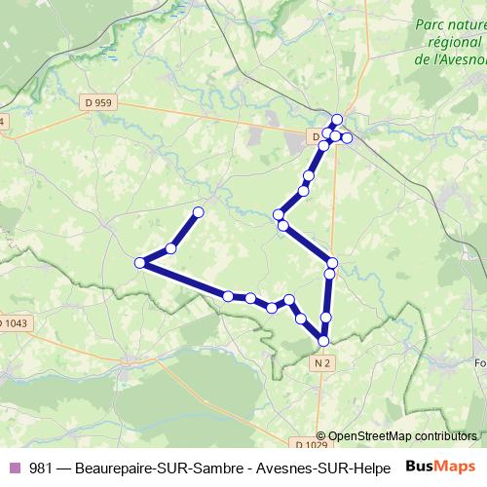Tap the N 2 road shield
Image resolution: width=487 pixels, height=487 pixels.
(x=322, y=362)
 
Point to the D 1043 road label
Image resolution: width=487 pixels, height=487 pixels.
(x=15, y=322)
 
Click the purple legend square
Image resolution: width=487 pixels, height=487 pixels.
(x=16, y=468)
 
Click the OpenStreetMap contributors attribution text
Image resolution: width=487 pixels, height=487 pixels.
(x=402, y=436)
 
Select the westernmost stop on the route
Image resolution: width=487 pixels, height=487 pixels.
(x=140, y=262)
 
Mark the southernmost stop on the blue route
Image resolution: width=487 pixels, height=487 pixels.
(x=322, y=340)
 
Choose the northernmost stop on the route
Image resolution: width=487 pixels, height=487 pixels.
(x=337, y=120)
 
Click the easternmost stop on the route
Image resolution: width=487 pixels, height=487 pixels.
(x=347, y=138)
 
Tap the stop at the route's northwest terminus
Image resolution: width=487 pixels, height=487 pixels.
(x=199, y=211)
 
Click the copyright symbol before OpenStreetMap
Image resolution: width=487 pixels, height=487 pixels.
(x=322, y=436)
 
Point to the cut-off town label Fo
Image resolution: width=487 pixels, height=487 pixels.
(x=478, y=364)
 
